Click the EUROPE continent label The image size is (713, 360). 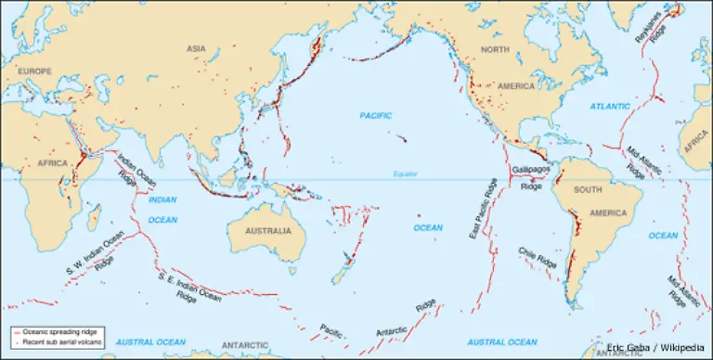click(32, 70)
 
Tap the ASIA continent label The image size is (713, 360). click(195, 48)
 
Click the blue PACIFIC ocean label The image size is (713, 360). click(376, 115)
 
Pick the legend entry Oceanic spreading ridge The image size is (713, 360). click(57, 331)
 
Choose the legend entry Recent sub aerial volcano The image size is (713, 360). click(58, 341)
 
